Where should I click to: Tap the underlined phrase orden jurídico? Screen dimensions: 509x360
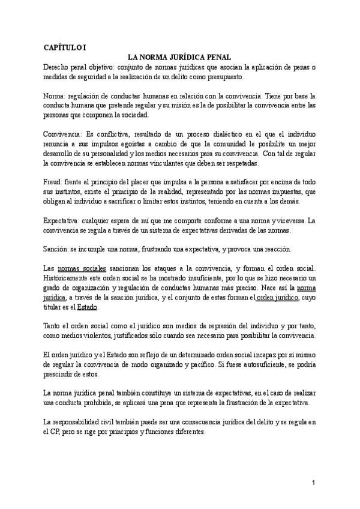tap(278, 297)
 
